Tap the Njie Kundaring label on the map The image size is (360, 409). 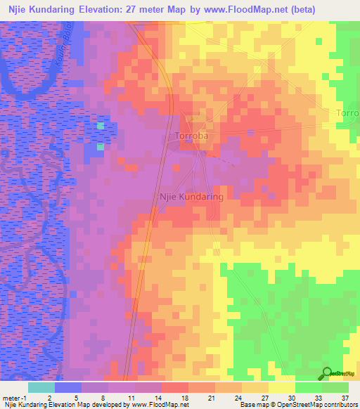192,197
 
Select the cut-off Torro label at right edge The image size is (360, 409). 347,113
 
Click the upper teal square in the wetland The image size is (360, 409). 100,126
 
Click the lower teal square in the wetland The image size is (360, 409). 100,147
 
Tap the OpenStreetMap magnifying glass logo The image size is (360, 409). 327,373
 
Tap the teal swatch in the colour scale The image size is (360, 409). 41,387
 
